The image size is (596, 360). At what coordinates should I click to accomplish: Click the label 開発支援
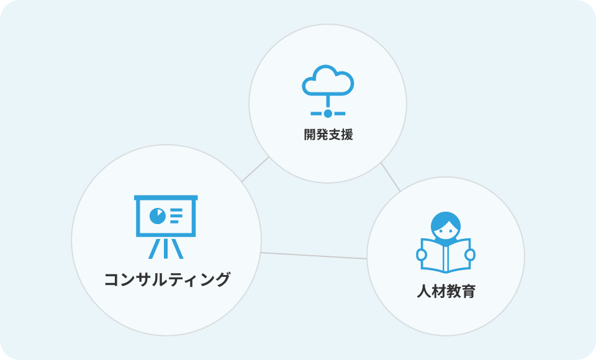328,135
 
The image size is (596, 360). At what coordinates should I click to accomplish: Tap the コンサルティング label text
167,280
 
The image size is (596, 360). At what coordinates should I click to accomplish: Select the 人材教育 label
446,291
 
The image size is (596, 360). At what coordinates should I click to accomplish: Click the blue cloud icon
328,82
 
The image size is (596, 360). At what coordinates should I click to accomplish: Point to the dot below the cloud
328,114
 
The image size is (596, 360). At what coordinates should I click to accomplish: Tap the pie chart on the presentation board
157,216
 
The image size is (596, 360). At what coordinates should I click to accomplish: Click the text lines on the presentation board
176,216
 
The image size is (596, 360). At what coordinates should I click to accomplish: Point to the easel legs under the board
166,248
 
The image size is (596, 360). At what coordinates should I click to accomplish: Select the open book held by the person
446,254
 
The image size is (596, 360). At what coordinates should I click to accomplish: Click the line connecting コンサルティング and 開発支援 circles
255,169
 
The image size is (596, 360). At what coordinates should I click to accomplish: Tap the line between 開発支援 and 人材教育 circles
391,177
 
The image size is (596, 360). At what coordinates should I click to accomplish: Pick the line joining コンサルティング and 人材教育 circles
314,255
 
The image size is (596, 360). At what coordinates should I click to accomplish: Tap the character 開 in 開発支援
310,135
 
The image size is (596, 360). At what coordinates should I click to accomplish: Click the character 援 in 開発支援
346,135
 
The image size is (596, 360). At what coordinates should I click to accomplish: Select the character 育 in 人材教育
468,291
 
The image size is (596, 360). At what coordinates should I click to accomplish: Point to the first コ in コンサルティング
112,280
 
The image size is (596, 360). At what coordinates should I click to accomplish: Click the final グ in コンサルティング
222,280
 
